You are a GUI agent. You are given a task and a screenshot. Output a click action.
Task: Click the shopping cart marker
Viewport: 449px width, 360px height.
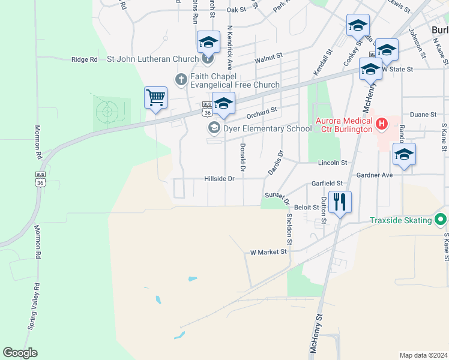tap(155, 97)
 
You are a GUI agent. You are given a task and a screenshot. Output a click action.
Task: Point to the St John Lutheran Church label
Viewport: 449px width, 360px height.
tap(152, 59)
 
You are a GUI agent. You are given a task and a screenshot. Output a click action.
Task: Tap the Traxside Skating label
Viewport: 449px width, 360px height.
tap(400, 220)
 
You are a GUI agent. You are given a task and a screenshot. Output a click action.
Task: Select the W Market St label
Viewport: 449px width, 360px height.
tap(268, 252)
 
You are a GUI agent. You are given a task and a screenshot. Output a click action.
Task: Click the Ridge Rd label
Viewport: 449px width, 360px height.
tap(84, 59)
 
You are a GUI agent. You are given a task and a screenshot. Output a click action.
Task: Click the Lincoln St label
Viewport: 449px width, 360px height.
tap(332, 163)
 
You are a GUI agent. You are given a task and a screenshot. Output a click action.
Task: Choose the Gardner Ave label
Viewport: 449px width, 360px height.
tap(373, 175)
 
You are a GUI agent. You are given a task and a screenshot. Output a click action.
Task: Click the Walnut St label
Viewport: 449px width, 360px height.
tap(268, 58)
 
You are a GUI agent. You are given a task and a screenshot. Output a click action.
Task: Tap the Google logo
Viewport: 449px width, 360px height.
tap(20, 353)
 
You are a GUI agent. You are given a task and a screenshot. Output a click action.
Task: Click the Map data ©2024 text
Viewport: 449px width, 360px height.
tap(423, 355)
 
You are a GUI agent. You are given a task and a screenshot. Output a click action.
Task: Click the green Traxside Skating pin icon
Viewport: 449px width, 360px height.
tap(442, 220)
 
